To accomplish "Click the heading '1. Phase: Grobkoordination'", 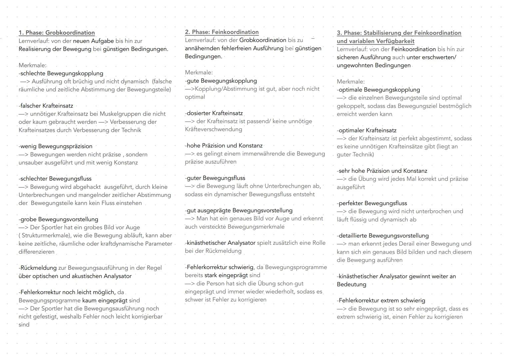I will (57, 33).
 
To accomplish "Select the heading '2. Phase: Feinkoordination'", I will (222, 32).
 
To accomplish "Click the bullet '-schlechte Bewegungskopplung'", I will (61, 73).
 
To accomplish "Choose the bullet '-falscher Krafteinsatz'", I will (46, 106).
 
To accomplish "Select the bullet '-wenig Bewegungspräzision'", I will (56, 146).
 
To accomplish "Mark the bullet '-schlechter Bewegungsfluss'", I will (55, 179).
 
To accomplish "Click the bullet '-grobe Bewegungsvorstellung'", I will (59, 219).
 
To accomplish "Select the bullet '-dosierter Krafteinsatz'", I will (214, 113).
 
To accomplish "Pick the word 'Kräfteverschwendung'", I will (214, 129).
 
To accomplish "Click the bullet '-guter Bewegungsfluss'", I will (215, 178).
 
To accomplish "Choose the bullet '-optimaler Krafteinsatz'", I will (366, 130).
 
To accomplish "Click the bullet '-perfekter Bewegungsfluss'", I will (372, 203).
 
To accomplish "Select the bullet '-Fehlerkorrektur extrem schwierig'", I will (381, 301).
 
